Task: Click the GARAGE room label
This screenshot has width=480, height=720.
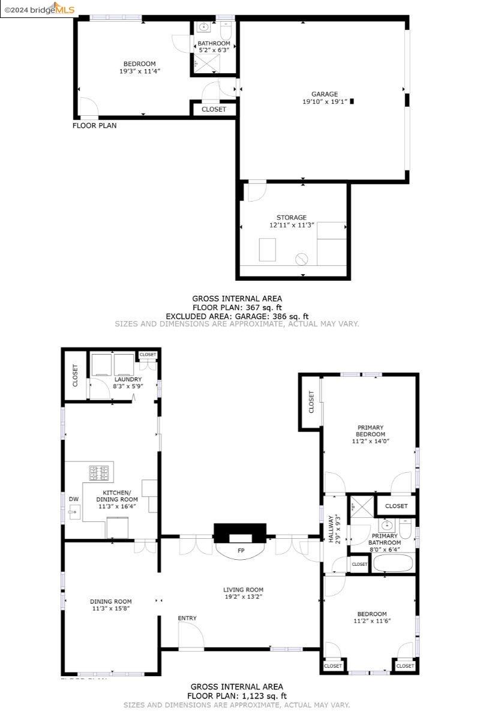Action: tap(324, 94)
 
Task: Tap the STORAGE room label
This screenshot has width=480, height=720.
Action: tap(292, 217)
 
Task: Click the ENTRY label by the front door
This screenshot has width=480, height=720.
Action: tap(187, 618)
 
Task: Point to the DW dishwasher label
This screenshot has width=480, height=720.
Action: tap(73, 499)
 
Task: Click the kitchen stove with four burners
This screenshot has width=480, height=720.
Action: tap(100, 473)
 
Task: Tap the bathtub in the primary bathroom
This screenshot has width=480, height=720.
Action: tap(393, 563)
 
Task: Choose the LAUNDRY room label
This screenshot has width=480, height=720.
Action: tap(128, 379)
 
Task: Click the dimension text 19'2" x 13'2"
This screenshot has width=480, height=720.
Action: tap(243, 597)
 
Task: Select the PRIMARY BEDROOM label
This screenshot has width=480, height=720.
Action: tap(370, 431)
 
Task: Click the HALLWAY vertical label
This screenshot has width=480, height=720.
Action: tap(331, 529)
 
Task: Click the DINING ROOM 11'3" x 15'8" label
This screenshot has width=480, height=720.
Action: tap(110, 605)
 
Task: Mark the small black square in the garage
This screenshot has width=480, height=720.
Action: tap(352, 101)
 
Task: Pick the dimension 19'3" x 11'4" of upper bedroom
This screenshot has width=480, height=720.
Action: tap(140, 71)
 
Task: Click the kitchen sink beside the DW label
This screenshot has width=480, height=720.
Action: tap(75, 512)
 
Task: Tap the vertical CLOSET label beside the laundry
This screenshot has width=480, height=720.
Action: tap(76, 375)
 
